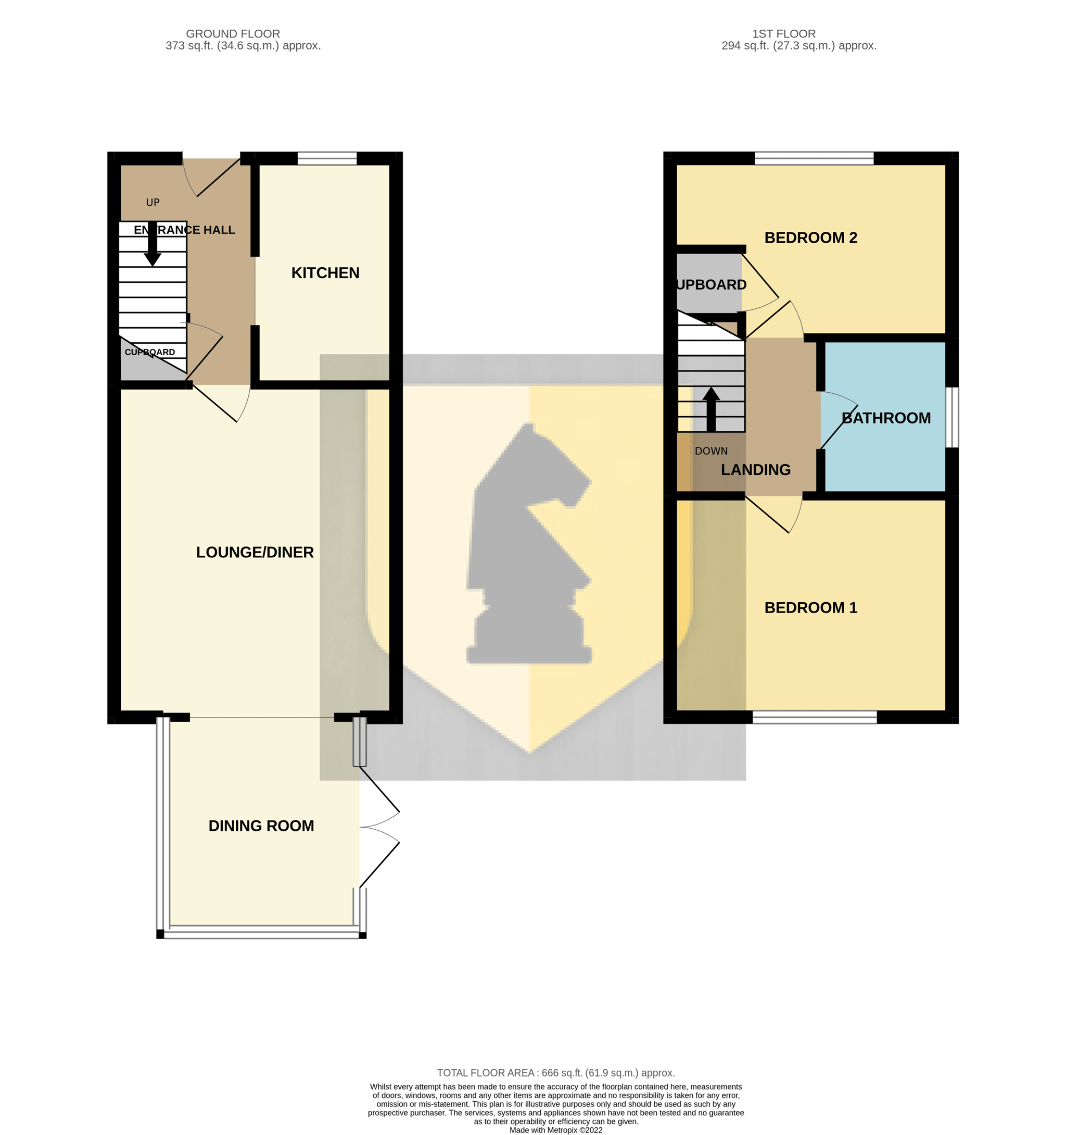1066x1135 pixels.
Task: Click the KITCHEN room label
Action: click(325, 273)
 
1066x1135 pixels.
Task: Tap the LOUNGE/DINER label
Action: click(255, 552)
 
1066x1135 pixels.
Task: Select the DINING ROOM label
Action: click(261, 826)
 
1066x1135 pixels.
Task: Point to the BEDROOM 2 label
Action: click(811, 238)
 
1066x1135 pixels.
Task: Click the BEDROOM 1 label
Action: click(811, 607)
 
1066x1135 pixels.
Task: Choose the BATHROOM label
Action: click(886, 418)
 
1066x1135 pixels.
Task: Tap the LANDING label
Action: click(756, 470)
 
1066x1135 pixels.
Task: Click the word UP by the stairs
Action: click(153, 202)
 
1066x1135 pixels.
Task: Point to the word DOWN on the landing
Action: click(711, 451)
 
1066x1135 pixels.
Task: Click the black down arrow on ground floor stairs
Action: click(153, 244)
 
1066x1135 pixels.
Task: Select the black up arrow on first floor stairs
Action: click(711, 409)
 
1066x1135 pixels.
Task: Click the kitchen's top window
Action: click(327, 158)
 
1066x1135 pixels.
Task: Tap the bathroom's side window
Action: click(953, 417)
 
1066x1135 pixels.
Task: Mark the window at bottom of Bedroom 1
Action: click(815, 717)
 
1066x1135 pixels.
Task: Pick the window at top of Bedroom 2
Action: click(815, 158)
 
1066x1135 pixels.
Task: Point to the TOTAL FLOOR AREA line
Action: click(556, 1073)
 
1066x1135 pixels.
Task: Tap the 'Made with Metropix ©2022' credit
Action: click(556, 1130)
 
